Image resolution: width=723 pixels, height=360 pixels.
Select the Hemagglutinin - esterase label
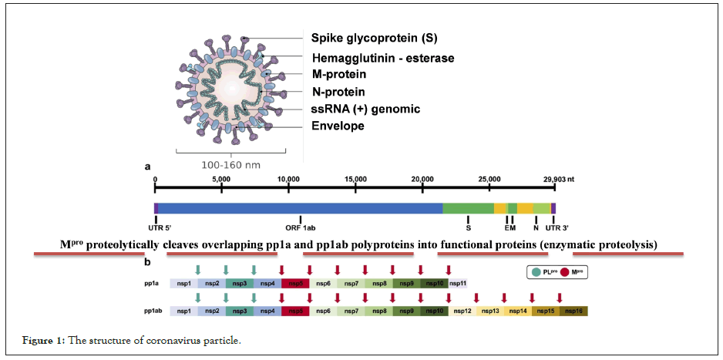382,58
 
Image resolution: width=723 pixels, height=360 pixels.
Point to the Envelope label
338,126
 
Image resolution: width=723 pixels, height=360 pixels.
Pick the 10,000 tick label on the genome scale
288,178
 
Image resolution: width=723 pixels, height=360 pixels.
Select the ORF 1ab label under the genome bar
301,228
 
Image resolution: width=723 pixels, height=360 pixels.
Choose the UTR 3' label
554,228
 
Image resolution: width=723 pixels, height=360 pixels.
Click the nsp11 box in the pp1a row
458,284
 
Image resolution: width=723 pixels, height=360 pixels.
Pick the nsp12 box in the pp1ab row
462,311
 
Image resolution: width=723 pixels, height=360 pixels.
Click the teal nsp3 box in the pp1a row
239,284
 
